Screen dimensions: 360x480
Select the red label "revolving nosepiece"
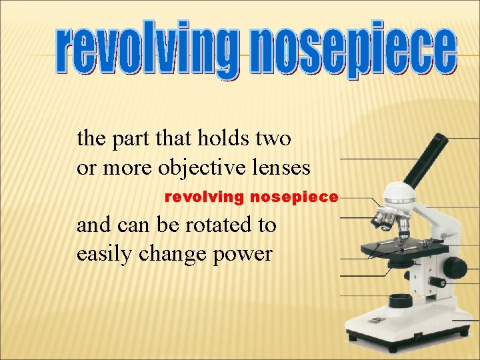point(251,197)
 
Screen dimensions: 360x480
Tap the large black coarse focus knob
point(455,267)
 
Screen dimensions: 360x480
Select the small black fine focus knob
point(438,283)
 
